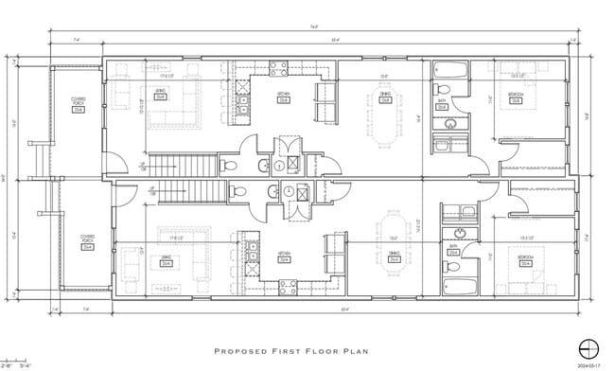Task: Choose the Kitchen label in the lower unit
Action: [x=284, y=255]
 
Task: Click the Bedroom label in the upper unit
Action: [x=515, y=97]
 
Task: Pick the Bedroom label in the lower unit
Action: [x=523, y=259]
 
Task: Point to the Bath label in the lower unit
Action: [x=452, y=251]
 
